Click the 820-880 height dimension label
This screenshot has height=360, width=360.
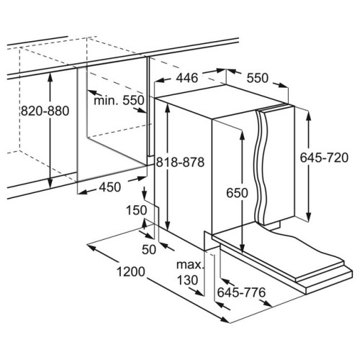point(45,111)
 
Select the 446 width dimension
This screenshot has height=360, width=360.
point(187,78)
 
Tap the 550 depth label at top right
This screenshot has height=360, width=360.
point(258,78)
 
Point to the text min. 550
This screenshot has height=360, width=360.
point(119,100)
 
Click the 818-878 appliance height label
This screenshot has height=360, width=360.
point(180,162)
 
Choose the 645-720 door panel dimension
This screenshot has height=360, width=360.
point(324,158)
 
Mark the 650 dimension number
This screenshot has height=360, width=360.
point(237,193)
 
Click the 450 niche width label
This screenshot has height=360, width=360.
point(110,187)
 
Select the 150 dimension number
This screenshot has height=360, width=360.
point(136,210)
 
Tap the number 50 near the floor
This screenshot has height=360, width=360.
point(149,250)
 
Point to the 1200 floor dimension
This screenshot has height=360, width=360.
point(131,272)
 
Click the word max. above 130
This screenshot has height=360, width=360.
point(190,265)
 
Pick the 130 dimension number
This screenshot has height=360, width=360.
point(187,280)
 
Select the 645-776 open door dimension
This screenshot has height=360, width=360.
point(241,292)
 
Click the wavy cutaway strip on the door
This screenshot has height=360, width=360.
point(260,166)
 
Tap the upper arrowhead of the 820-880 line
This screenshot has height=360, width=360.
point(50,76)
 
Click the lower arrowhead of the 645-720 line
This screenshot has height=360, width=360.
point(309,215)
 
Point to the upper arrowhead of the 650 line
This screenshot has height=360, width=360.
point(242,136)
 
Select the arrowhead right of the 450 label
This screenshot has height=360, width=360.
point(140,179)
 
